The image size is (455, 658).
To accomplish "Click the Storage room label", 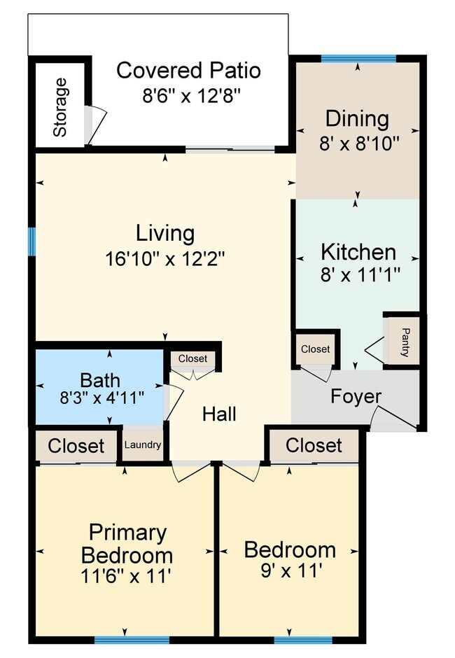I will [61, 107].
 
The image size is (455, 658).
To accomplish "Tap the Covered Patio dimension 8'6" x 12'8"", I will [188, 95].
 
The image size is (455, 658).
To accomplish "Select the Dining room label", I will [357, 118].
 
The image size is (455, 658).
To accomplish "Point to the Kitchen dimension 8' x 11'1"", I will [358, 274].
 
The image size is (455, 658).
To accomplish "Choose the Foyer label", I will [356, 396].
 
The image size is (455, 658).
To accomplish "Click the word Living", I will [164, 232].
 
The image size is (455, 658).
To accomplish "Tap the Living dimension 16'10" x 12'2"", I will [164, 258].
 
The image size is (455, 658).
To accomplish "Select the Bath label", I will [100, 381].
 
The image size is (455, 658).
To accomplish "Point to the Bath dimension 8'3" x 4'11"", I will [102, 398].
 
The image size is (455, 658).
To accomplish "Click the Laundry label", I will [143, 444].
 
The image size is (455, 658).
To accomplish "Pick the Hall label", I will [219, 414].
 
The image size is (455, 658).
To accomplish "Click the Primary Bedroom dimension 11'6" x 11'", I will [127, 576].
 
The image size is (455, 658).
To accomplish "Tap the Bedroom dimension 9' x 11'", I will [289, 571].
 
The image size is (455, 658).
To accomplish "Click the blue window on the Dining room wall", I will [358, 58].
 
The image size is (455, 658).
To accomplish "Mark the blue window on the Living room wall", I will [31, 241].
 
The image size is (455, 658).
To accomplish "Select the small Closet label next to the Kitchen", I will [315, 349].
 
